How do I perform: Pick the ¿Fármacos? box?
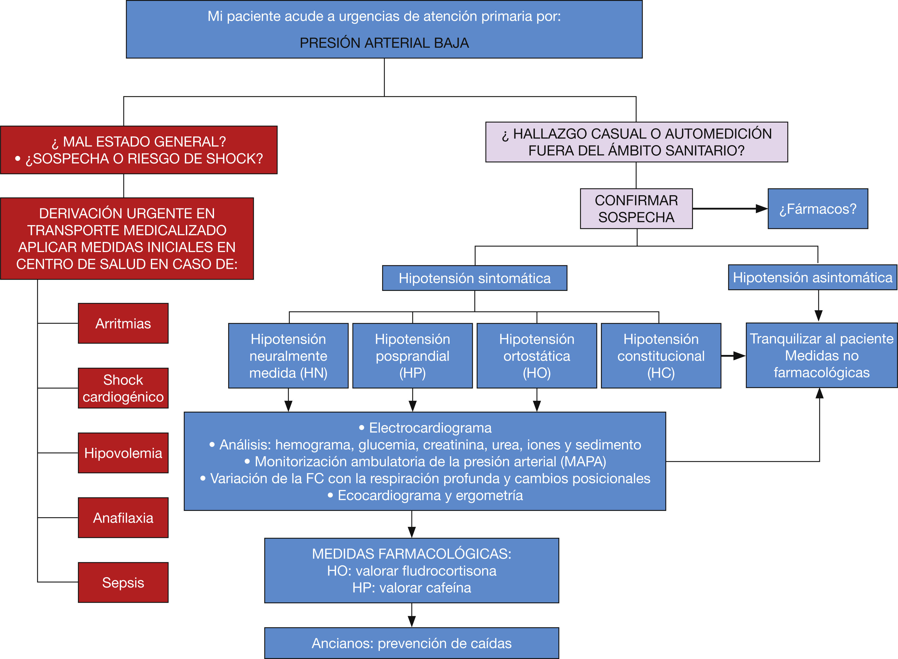[817, 209]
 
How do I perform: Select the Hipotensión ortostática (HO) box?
[537, 355]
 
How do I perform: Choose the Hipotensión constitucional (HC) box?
[661, 355]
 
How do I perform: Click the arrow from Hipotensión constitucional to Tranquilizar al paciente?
[733, 356]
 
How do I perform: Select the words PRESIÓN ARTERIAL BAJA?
[384, 43]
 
